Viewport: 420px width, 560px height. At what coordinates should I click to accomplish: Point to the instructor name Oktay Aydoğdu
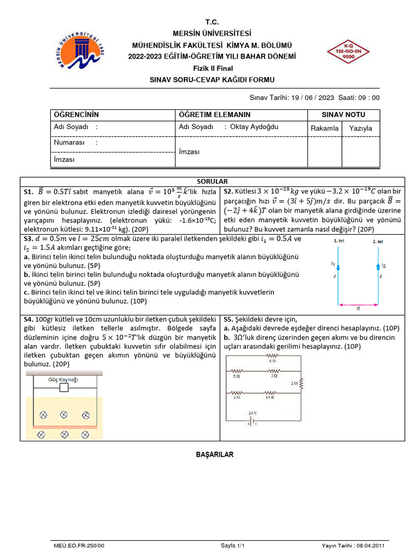(254, 127)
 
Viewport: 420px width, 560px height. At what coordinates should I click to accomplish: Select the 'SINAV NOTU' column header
(343, 115)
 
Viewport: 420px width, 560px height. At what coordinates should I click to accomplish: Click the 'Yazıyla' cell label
(360, 128)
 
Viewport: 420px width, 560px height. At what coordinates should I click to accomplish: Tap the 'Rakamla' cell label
(325, 128)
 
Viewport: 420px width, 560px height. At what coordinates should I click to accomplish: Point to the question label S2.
(229, 191)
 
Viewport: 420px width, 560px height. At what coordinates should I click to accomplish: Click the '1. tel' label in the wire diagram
(340, 241)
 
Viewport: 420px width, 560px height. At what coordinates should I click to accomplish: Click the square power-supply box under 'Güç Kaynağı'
(63, 388)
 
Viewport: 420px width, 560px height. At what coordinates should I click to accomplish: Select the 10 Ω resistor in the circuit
(271, 393)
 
